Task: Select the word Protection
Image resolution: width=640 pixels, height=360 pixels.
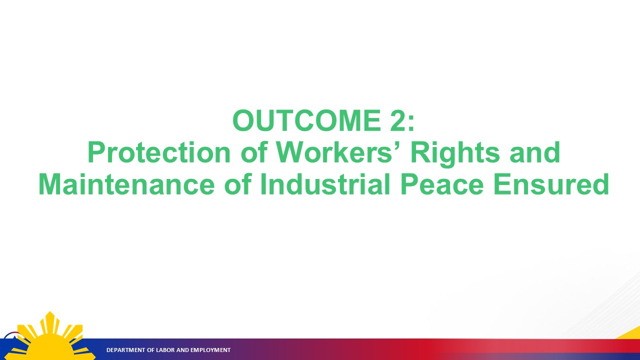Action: [158, 152]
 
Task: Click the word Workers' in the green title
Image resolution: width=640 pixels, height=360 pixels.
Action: [338, 152]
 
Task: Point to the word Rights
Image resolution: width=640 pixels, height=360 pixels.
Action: [455, 154]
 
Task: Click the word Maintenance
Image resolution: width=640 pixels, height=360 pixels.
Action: [126, 184]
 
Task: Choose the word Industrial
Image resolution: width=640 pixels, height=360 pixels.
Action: [325, 184]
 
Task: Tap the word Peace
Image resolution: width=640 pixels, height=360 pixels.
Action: [441, 184]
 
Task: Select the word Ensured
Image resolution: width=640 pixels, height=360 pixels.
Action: [551, 184]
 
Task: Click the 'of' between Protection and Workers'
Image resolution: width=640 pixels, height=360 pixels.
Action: [253, 152]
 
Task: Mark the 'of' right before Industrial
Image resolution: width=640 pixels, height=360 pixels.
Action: [237, 184]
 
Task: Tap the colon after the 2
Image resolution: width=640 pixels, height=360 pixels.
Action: [411, 123]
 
